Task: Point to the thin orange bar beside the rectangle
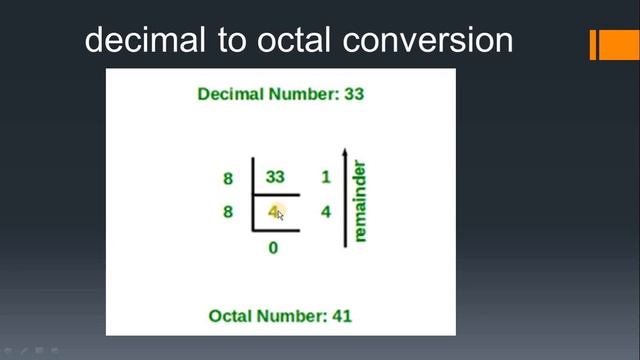pos(593,45)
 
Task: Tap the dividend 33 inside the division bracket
pos(275,178)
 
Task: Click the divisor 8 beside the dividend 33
pos(227,180)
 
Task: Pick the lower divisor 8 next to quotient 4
pos(227,212)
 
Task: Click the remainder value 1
pos(325,178)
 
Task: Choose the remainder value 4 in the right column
pos(325,212)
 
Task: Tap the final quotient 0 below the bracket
pos(274,247)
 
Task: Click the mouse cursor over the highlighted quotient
pos(280,213)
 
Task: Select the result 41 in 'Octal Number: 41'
pos(341,316)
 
